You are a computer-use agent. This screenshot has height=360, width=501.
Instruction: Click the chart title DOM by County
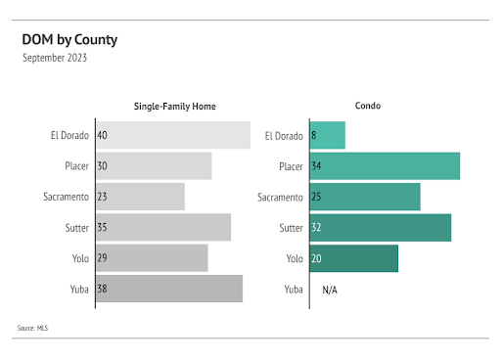point(69,40)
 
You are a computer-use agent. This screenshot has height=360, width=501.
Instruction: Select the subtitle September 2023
point(55,58)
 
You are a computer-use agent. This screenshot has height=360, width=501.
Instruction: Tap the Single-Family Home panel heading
point(175,106)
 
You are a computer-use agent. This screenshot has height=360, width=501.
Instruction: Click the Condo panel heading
point(368,106)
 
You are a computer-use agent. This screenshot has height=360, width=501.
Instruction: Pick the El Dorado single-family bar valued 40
point(172,135)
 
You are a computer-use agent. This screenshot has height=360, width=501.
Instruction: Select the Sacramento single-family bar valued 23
point(140,197)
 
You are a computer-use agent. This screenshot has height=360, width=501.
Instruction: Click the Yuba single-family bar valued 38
point(168,290)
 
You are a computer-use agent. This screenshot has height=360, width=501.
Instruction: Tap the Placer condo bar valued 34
point(385,166)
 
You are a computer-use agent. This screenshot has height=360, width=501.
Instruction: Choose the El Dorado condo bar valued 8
point(328,135)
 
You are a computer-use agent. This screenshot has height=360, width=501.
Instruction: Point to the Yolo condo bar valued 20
point(354,258)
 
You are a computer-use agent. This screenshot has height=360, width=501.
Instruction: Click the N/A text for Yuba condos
point(330,290)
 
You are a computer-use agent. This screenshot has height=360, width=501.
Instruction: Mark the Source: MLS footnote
point(32,328)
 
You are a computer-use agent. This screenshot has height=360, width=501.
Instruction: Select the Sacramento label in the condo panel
point(280,197)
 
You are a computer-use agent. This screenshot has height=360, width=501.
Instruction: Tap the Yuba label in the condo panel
point(293,290)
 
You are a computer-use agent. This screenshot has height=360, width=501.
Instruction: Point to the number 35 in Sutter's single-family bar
point(103,228)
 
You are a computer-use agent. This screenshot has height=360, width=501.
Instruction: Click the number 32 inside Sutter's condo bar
point(316,228)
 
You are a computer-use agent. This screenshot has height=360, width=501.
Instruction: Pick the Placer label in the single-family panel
point(76,166)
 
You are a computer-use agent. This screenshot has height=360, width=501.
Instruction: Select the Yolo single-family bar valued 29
point(152,258)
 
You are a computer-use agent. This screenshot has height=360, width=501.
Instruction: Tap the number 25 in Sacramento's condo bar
point(316,197)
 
